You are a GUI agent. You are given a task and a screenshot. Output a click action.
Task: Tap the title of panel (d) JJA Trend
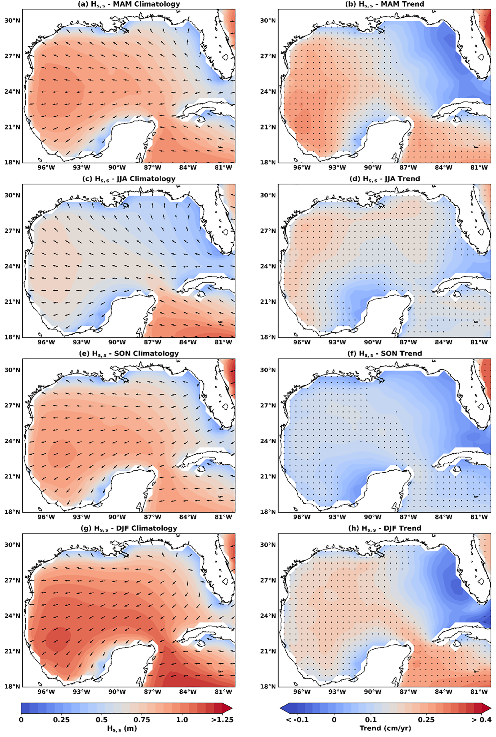coord(385,179)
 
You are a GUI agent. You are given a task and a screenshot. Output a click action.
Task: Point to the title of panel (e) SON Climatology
coord(129,354)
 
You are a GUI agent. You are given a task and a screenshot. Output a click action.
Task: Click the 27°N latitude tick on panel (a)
coord(12,56)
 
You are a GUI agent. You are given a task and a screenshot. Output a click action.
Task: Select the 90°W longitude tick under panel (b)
coord(372,167)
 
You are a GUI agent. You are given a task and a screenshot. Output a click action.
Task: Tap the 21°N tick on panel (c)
coord(12,302)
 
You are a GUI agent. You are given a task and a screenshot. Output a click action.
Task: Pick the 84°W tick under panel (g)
coord(188,692)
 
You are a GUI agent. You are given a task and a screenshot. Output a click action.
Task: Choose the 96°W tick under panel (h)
coord(302,692)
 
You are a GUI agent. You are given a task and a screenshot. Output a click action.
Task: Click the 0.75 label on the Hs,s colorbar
coord(142,720)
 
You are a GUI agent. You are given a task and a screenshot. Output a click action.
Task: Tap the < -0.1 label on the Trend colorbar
coord(297,720)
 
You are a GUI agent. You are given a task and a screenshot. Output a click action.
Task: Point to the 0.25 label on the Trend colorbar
coord(426,720)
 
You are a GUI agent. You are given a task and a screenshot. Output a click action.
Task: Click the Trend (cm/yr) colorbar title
coord(385,728)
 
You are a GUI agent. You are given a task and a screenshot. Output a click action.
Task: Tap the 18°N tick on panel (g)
coord(12,686)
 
